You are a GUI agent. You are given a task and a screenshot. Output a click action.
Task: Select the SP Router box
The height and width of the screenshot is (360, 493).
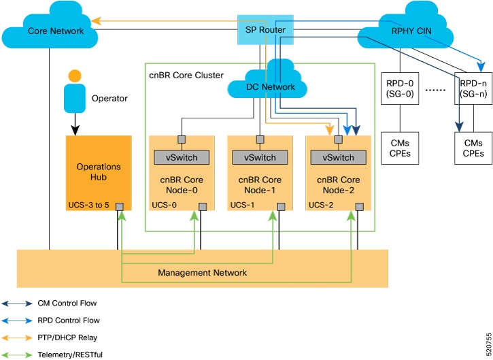pyautogui.click(x=265, y=29)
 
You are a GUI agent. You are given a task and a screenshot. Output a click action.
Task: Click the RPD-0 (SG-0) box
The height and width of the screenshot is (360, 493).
pyautogui.click(x=400, y=88)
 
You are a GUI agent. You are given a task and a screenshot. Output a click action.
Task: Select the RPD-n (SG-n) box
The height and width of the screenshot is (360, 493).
pyautogui.click(x=473, y=88)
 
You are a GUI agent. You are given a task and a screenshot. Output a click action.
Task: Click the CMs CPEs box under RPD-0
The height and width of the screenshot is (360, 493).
pyautogui.click(x=400, y=148)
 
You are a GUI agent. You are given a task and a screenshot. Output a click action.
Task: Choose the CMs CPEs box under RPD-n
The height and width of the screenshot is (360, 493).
pyautogui.click(x=473, y=148)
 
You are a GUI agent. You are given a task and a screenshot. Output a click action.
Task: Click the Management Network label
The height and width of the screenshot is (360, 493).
pyautogui.click(x=202, y=273)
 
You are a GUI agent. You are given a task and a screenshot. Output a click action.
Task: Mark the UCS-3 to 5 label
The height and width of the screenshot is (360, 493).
pyautogui.click(x=89, y=205)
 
